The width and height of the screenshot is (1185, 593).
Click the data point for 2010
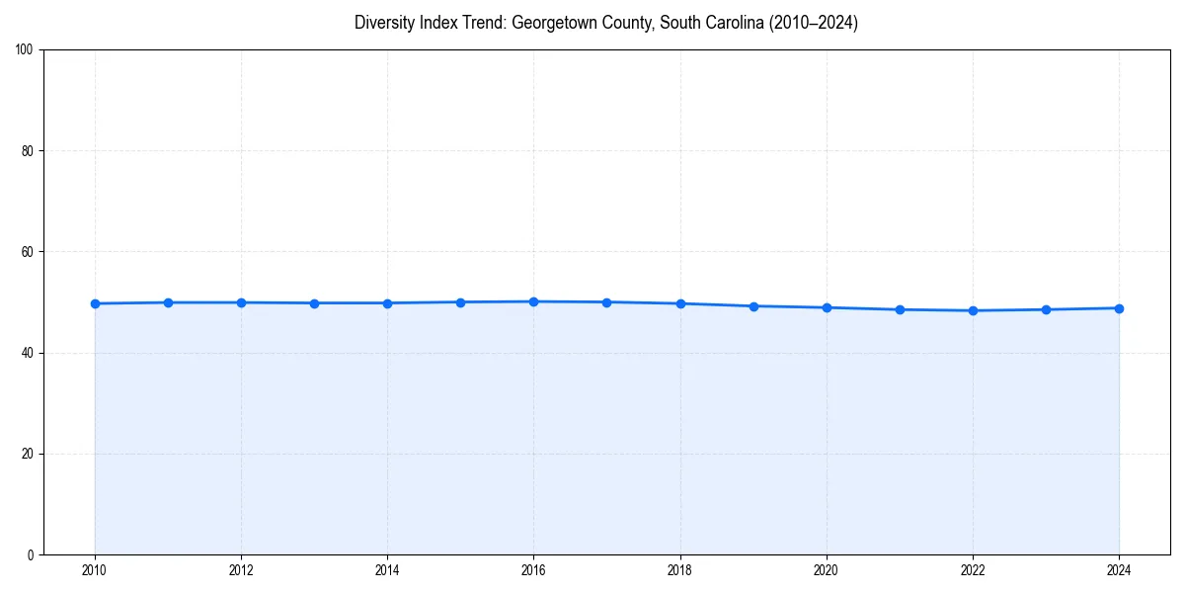(95, 303)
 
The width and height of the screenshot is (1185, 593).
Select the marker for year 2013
(314, 303)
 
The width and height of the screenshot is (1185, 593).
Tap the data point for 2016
(533, 301)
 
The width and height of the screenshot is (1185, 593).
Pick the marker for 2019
(753, 306)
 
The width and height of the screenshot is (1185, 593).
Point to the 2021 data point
(900, 309)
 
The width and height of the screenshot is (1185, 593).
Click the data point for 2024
(1119, 308)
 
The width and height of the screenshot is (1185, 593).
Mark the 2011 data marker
(168, 302)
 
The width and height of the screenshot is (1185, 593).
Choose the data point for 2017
(606, 302)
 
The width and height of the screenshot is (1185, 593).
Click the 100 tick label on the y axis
(25, 50)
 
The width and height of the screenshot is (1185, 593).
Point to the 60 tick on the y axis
(28, 252)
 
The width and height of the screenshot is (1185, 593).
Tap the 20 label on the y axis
(28, 454)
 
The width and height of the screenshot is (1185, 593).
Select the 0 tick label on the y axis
(31, 554)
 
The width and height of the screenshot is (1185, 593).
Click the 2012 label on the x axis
(241, 570)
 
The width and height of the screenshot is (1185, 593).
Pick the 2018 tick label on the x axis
(679, 570)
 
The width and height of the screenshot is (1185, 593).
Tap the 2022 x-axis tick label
(973, 570)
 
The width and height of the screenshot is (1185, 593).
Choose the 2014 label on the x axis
(387, 570)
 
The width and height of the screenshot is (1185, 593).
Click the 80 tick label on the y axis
(28, 151)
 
